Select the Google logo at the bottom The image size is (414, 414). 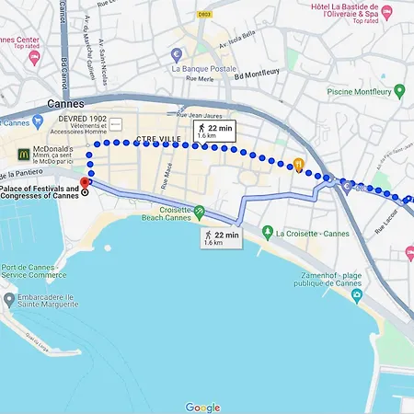point(202,408)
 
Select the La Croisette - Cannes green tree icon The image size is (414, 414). point(267,232)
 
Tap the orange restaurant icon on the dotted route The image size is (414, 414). point(299,165)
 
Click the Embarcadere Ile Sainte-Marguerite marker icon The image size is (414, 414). point(9,301)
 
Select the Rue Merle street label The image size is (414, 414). point(201,79)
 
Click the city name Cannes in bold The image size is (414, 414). point(65,104)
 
